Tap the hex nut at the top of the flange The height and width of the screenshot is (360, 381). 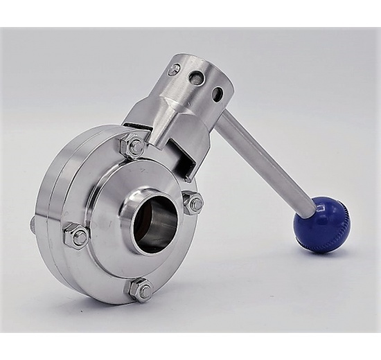135,145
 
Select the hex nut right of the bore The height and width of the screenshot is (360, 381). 195,204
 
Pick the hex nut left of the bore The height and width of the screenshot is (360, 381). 76,235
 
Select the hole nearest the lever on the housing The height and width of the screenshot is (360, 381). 220,93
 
